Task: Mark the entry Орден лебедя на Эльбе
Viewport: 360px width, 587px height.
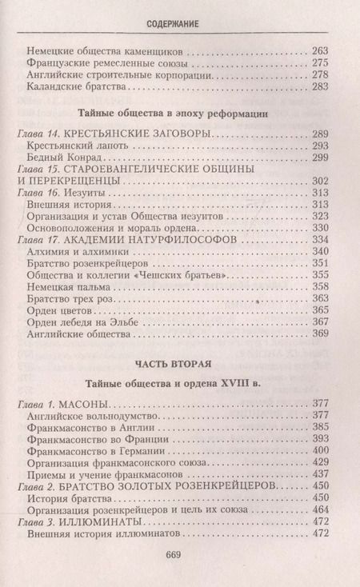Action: click(79, 321)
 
